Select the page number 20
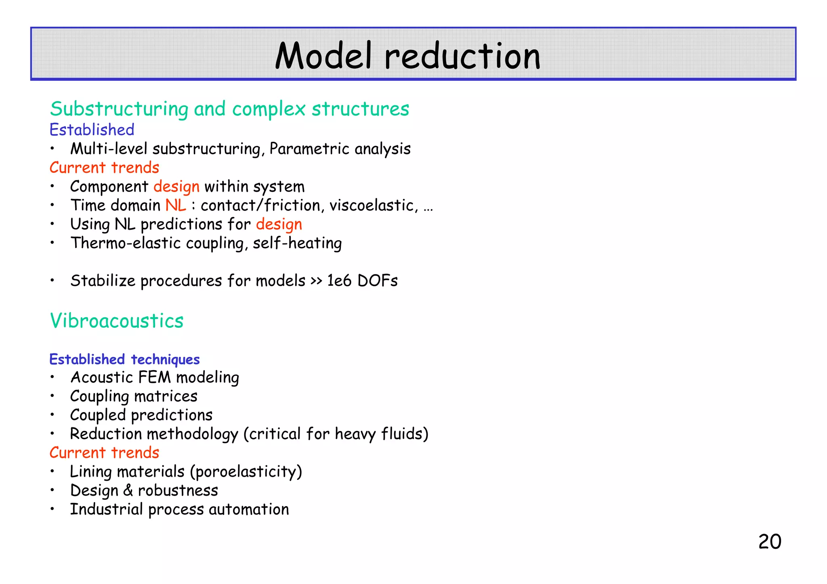pyautogui.click(x=769, y=542)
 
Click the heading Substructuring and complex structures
pyautogui.click(x=229, y=109)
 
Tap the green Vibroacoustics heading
pyautogui.click(x=117, y=321)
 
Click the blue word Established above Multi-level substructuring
pyautogui.click(x=92, y=130)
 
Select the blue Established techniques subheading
pyautogui.click(x=124, y=359)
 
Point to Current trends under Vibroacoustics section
pyautogui.click(x=104, y=452)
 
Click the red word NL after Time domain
pyautogui.click(x=176, y=205)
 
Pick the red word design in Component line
pyautogui.click(x=176, y=187)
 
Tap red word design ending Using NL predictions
pyautogui.click(x=279, y=224)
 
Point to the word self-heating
pyautogui.click(x=297, y=243)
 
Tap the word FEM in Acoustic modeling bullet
pyautogui.click(x=154, y=377)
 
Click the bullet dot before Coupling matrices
pyautogui.click(x=52, y=396)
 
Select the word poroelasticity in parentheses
pyautogui.click(x=246, y=472)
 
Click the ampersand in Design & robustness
pyautogui.click(x=128, y=490)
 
